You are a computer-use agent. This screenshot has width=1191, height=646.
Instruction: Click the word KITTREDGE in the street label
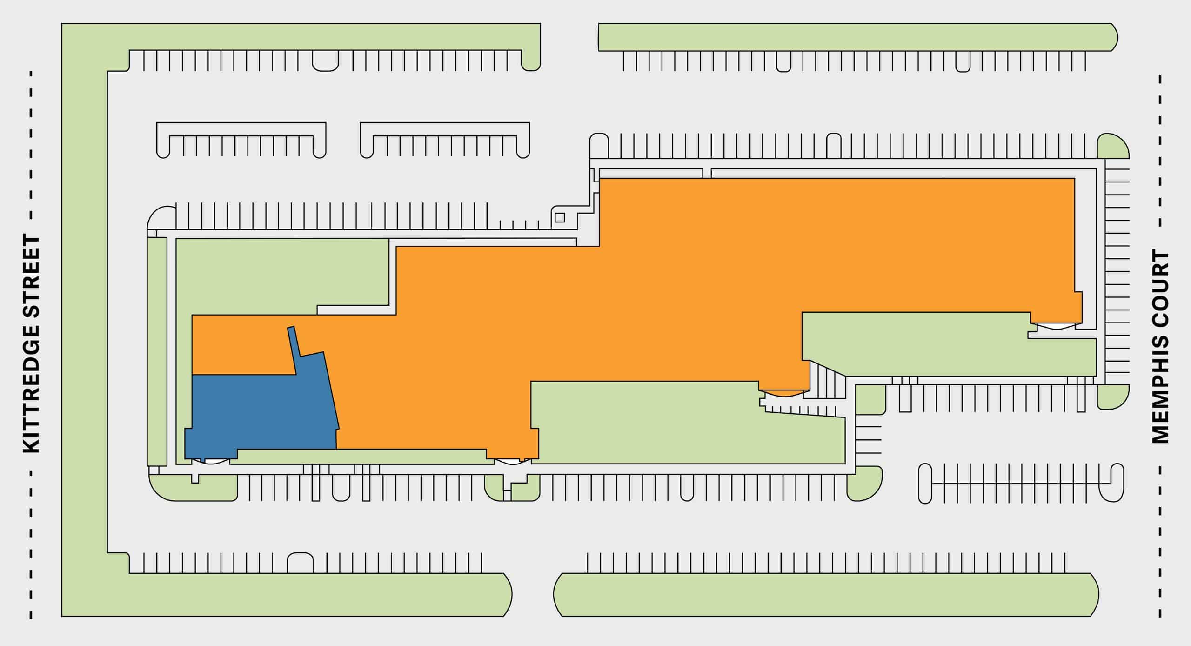32,390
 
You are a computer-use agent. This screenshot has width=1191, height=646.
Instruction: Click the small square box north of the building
560,217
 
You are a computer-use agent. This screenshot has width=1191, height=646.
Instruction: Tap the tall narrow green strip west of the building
157,351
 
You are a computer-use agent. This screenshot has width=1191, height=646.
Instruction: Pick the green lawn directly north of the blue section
279,275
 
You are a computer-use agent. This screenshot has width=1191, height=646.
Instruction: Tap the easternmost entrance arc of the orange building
1055,327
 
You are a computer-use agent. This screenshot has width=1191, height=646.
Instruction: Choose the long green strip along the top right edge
856,37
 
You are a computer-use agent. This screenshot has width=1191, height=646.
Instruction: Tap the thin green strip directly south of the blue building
363,456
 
